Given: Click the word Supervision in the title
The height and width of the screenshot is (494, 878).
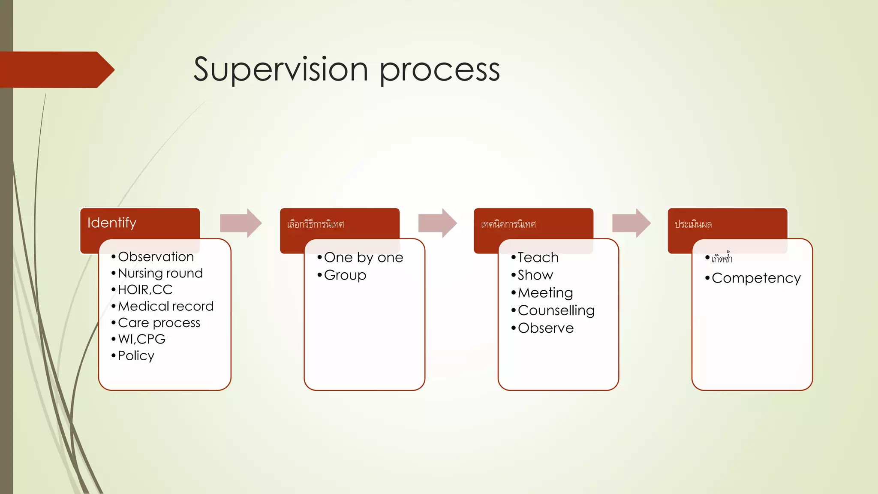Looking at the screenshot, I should tap(281, 69).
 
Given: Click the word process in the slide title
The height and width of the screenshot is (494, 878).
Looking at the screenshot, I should tap(439, 71).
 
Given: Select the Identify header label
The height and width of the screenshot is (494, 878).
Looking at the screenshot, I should tap(112, 223).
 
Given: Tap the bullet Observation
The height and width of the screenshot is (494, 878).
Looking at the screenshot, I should tap(156, 256).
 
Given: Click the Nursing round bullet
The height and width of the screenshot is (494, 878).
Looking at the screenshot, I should tap(160, 273).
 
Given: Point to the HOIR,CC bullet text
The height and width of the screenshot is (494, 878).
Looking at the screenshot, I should tap(145, 289).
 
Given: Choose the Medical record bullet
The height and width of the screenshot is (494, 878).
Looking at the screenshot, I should tap(165, 306).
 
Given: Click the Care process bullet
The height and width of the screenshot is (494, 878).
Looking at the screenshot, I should tap(159, 322).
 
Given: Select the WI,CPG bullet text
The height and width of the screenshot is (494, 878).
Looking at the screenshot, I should tap(141, 339).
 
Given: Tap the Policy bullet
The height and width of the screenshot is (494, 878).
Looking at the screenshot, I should tap(136, 355).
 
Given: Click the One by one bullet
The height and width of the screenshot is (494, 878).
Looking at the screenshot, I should tap(363, 257).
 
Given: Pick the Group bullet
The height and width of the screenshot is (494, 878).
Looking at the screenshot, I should tap(345, 275).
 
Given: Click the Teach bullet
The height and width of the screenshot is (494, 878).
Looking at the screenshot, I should tap(538, 257).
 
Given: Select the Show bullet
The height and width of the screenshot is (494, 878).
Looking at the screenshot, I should tap(535, 275).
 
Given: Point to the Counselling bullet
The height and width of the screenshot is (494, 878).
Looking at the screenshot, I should tap(556, 310).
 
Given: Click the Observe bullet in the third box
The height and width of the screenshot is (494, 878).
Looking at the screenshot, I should tap(545, 328).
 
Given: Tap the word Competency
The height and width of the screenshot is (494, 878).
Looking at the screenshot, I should tap(756, 278).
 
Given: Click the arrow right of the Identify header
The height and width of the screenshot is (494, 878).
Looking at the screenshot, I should tap(241, 223).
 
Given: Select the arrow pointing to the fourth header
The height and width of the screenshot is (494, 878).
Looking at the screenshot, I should tap(631, 223).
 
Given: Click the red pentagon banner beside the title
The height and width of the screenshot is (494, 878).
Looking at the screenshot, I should tap(56, 69).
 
